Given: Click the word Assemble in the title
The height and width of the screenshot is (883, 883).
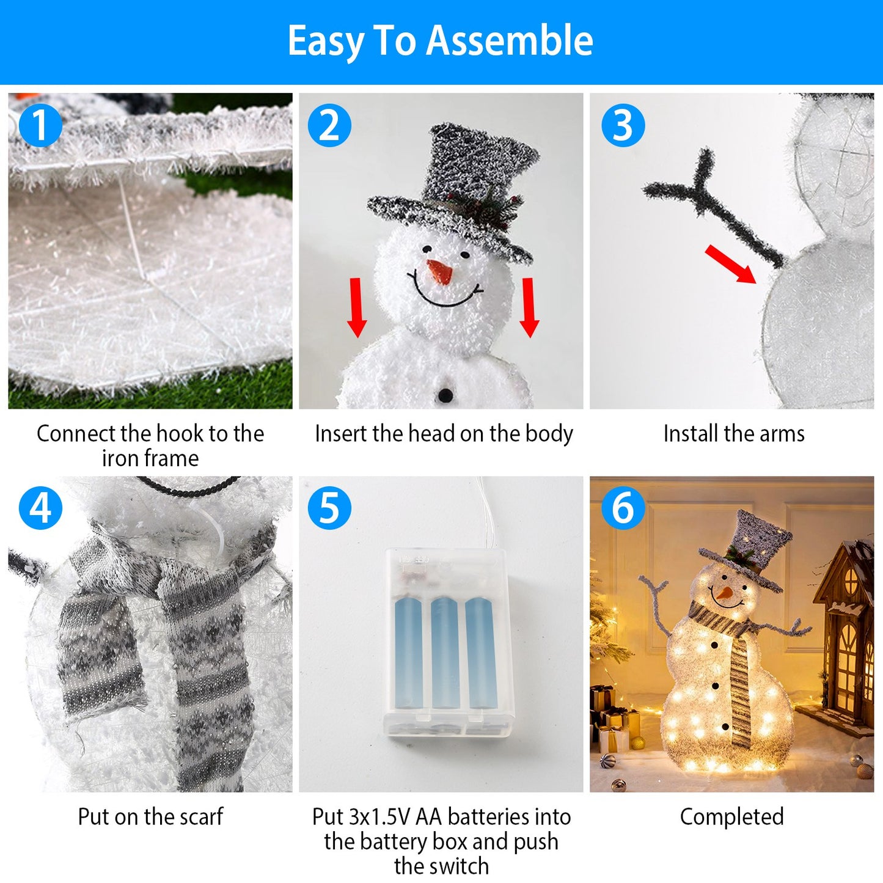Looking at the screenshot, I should click(510, 41).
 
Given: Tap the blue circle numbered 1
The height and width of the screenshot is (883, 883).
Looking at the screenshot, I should click(40, 125).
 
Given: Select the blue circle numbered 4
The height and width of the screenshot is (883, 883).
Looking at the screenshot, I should click(40, 508).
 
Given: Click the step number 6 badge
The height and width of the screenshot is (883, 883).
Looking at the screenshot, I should click(623, 508).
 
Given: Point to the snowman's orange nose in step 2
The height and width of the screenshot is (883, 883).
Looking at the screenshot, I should click(440, 271).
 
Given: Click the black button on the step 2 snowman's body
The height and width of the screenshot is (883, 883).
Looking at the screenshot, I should click(446, 395).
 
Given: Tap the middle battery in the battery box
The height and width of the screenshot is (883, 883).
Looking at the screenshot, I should click(445, 652).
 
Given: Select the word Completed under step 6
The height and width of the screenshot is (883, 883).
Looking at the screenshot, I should click(731, 817).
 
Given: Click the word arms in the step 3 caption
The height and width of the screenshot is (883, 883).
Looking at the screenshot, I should click(782, 434).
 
